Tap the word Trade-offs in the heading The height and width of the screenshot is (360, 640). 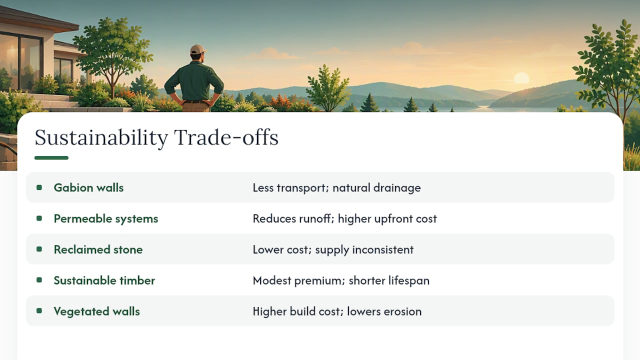226,137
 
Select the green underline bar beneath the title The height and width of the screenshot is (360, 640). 51,157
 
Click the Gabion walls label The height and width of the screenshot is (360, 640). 88,187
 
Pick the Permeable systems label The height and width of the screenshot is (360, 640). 105,219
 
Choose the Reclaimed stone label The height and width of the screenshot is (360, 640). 98,249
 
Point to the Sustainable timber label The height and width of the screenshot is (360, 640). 104,280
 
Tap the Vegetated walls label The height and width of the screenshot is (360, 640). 96,311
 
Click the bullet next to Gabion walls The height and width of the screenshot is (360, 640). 39,187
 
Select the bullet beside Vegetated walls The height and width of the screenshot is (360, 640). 39,311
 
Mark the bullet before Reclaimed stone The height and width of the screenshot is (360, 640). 39,249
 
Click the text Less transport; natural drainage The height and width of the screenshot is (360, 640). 336,188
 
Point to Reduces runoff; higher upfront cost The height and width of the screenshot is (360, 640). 344,219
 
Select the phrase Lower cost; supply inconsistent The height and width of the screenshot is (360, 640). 333,249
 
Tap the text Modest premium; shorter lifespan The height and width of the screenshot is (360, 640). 341,280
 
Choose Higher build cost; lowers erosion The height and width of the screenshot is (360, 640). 337,311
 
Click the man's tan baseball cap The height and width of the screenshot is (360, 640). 198,49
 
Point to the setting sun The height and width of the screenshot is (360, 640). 521,78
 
